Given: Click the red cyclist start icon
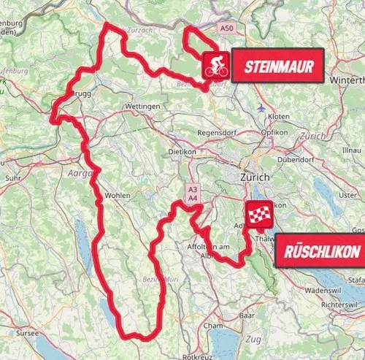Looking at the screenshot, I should point(216,66).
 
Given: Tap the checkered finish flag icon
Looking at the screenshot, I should point(259,214).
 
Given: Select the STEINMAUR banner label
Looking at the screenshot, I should point(279,68).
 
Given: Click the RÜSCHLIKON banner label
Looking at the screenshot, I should point(319,252).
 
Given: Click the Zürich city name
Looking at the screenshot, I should point(256,177).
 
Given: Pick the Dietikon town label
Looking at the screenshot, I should point(183,152).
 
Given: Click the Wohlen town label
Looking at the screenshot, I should point(118,196).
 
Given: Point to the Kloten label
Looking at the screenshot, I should point(278,117).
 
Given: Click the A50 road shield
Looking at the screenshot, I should point(228,28).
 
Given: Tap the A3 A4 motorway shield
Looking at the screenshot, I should point(192,193).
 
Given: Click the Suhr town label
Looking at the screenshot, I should point(12,177).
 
